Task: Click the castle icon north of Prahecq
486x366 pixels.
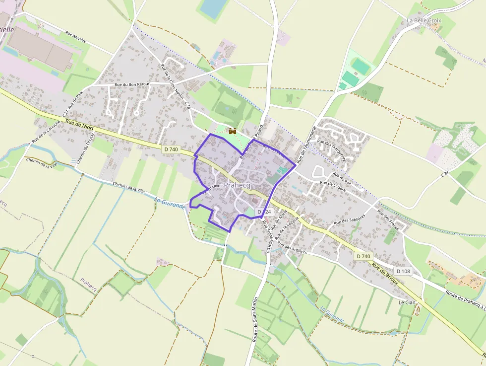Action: (232, 131)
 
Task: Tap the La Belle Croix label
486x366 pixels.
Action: (424, 20)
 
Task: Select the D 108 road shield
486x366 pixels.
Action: (404, 271)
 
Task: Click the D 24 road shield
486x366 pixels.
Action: (264, 212)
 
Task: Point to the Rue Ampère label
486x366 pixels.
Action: (76, 37)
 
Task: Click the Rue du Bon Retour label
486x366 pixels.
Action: (132, 84)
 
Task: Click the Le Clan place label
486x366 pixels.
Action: (407, 302)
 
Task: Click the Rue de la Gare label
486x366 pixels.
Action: (333, 186)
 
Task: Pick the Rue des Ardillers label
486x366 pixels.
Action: (292, 247)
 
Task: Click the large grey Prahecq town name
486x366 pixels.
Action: (237, 185)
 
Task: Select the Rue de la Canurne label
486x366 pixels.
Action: (46, 133)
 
